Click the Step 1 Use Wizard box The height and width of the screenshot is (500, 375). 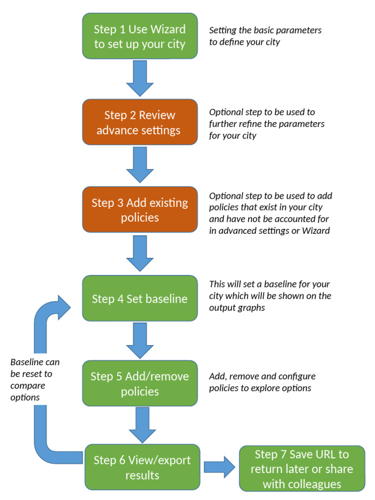(140, 36)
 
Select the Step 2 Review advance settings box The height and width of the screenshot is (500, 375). (140, 122)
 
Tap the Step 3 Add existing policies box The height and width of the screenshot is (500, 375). (140, 209)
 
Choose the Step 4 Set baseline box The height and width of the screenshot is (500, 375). (140, 298)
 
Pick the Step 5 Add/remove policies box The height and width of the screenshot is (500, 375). (140, 383)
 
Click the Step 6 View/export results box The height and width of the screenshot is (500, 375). (142, 467)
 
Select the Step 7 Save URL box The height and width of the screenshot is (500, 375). (302, 468)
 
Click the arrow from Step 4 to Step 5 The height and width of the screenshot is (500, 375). (140, 340)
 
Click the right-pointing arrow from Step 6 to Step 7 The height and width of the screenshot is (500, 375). (219, 467)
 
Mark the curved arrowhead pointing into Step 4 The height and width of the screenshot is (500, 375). (63, 307)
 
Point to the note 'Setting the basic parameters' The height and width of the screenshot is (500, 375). (265, 36)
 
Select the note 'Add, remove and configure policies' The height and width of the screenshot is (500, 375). (262, 382)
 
